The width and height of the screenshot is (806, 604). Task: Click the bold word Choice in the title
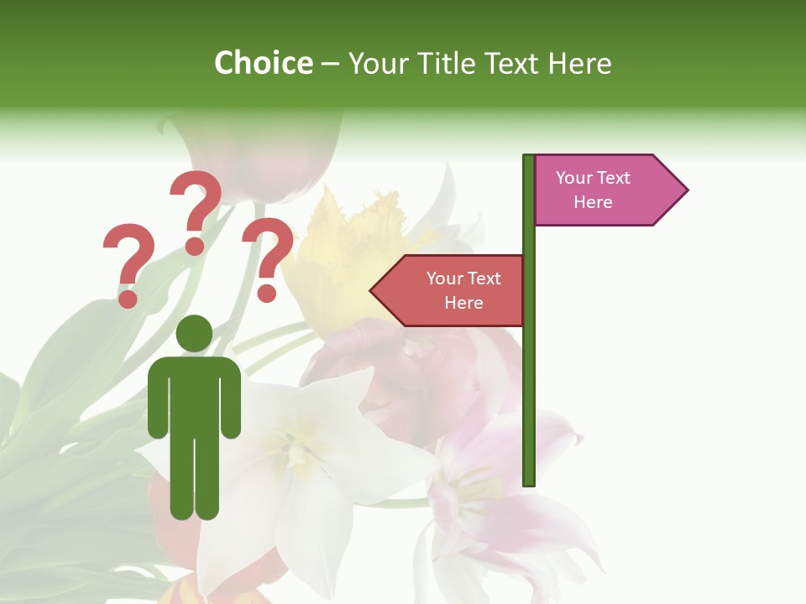[263, 63]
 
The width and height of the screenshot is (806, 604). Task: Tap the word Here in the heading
[579, 63]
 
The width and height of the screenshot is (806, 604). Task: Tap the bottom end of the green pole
[529, 482]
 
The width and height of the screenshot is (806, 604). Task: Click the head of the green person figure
[195, 333]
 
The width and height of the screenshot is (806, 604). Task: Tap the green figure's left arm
[157, 398]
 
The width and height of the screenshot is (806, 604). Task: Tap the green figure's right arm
[232, 398]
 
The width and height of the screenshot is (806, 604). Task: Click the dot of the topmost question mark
[195, 246]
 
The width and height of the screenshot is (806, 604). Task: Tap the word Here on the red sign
[463, 303]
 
